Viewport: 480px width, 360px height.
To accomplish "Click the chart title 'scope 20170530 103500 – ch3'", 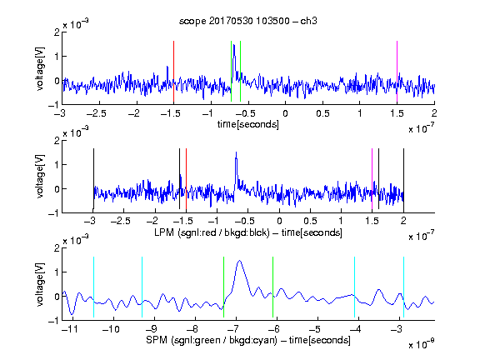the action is pos(248,21).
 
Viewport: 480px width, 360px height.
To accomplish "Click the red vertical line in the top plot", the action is pos(173,72).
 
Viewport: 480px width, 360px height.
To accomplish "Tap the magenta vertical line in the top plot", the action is pos(397,72).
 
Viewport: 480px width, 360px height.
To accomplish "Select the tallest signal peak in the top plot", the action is pos(234,45).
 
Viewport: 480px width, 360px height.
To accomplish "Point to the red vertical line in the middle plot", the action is pos(186,179).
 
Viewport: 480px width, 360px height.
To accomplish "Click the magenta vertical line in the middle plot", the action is pos(372,179).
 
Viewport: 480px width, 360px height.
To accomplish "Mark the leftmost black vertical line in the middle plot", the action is pos(93,179).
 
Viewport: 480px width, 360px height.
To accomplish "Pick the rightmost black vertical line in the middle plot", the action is pos(403,179).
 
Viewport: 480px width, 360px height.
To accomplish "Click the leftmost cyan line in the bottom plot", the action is pos(93,287).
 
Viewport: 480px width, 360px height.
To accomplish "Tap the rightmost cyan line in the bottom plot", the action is pos(403,287).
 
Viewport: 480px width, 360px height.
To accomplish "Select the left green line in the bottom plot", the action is pos(224,287).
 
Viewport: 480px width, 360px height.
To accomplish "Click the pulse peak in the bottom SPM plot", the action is pos(239,261).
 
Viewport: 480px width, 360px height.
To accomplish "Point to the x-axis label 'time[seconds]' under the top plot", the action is pos(248,124).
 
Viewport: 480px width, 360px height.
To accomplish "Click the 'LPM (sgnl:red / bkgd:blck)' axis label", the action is pos(212,232).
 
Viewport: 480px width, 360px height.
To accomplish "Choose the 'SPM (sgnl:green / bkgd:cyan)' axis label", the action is pos(212,340).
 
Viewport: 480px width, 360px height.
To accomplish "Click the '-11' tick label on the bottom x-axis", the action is pos(72,329).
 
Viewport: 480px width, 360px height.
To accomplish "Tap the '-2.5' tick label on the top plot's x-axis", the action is pos(97,113).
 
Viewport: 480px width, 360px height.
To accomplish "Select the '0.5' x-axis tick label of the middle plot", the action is pos(310,221).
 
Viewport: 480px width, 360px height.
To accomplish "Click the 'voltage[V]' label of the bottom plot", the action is pos(40,284).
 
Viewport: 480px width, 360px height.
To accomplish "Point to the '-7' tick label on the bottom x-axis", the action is pos(233,329).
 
